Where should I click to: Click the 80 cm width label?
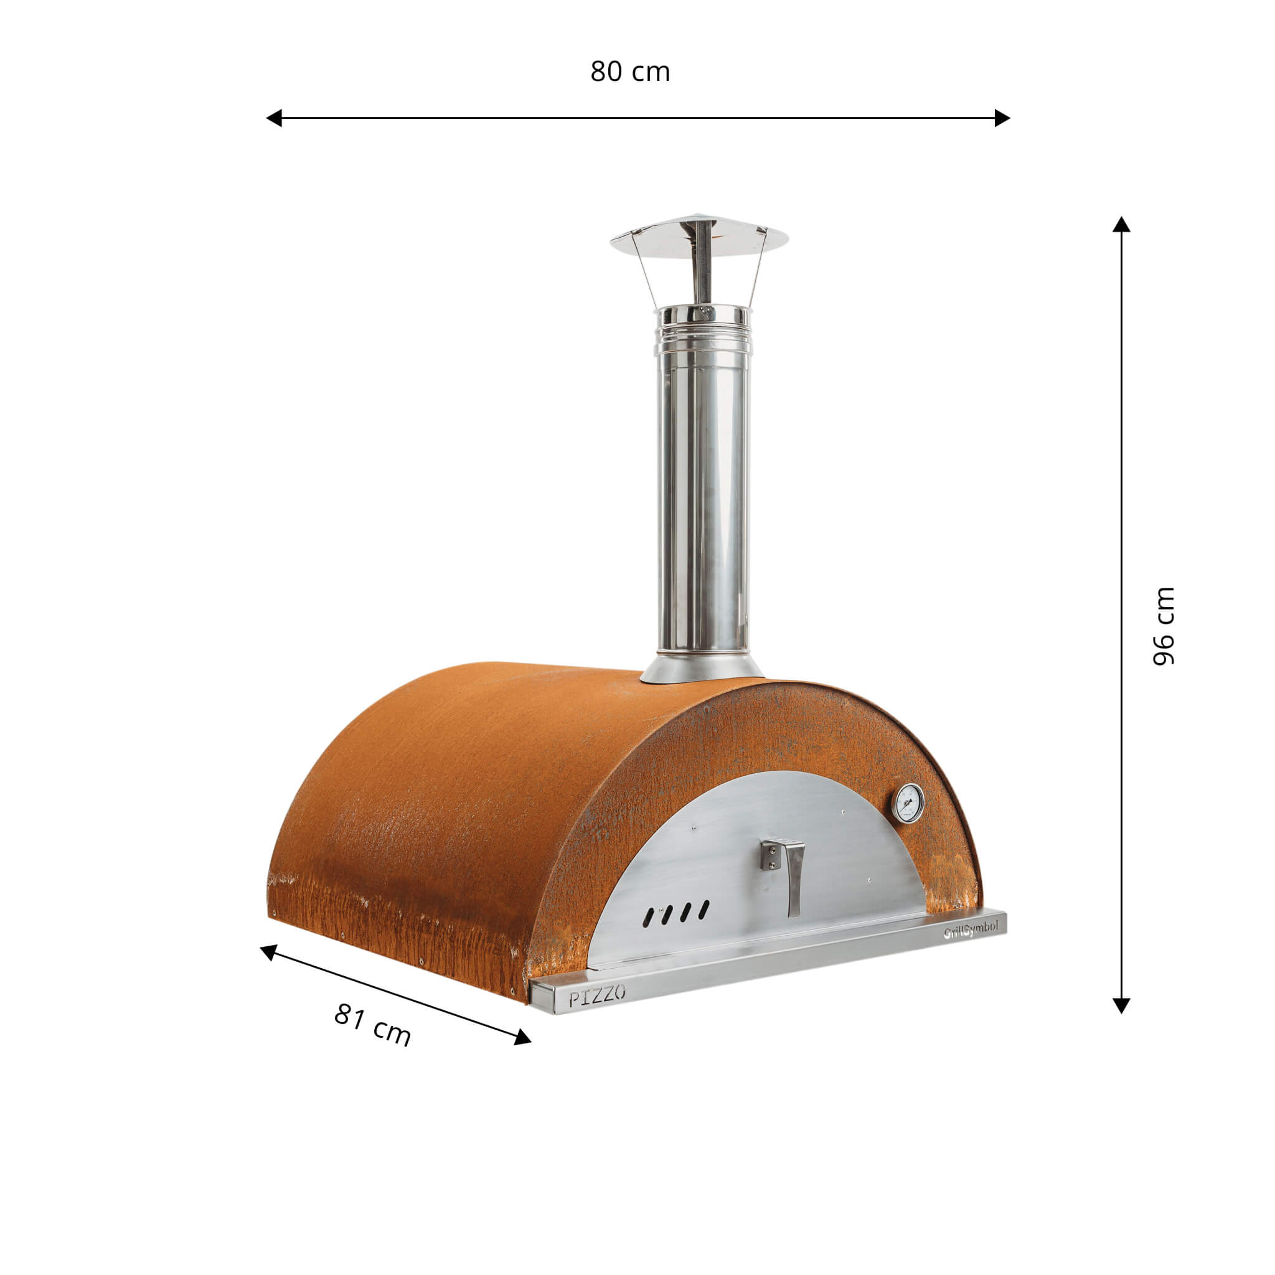point(629,71)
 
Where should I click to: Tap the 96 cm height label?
point(1163,626)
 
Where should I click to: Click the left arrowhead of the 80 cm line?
point(274,118)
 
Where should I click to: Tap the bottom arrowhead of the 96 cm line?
point(1121,1004)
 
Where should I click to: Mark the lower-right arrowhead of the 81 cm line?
point(523,1037)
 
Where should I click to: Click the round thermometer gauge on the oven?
point(908,803)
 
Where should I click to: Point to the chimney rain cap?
point(699,236)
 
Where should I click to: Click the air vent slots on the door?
point(677,912)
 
